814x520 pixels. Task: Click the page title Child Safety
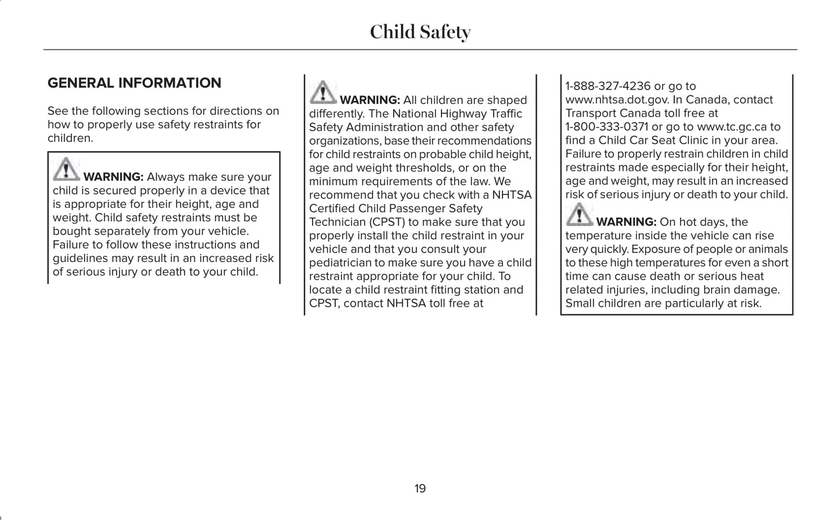tap(420, 32)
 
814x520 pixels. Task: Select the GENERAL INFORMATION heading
tap(134, 83)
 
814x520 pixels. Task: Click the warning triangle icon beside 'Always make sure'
tap(66, 169)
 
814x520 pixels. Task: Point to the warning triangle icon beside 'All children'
tap(323, 92)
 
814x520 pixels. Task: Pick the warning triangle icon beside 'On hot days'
tap(579, 214)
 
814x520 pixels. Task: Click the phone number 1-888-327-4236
tap(608, 86)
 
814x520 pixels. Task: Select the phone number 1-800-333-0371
tap(607, 127)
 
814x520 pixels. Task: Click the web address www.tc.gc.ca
tap(732, 127)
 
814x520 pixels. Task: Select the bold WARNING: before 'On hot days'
tap(626, 222)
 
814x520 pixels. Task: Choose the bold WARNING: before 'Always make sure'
tap(113, 177)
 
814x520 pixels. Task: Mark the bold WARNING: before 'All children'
tap(370, 100)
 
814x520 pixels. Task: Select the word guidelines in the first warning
tap(79, 258)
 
